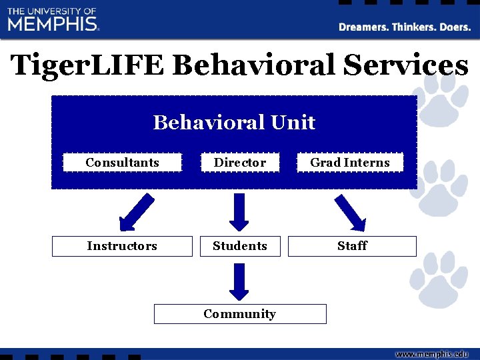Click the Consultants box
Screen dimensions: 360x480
122,163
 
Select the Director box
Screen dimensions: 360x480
239,163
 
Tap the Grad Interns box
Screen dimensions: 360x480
350,163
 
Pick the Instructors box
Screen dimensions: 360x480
122,246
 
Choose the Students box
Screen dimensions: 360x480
239,246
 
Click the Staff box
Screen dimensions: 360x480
351,246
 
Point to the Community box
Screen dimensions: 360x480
239,314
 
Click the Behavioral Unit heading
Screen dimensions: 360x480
234,123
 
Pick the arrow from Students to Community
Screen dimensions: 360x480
239,281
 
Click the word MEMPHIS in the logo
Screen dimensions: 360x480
53,24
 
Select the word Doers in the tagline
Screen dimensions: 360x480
453,27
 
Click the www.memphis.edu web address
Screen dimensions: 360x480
431,354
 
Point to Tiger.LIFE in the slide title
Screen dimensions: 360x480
89,65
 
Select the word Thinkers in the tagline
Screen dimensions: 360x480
413,27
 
